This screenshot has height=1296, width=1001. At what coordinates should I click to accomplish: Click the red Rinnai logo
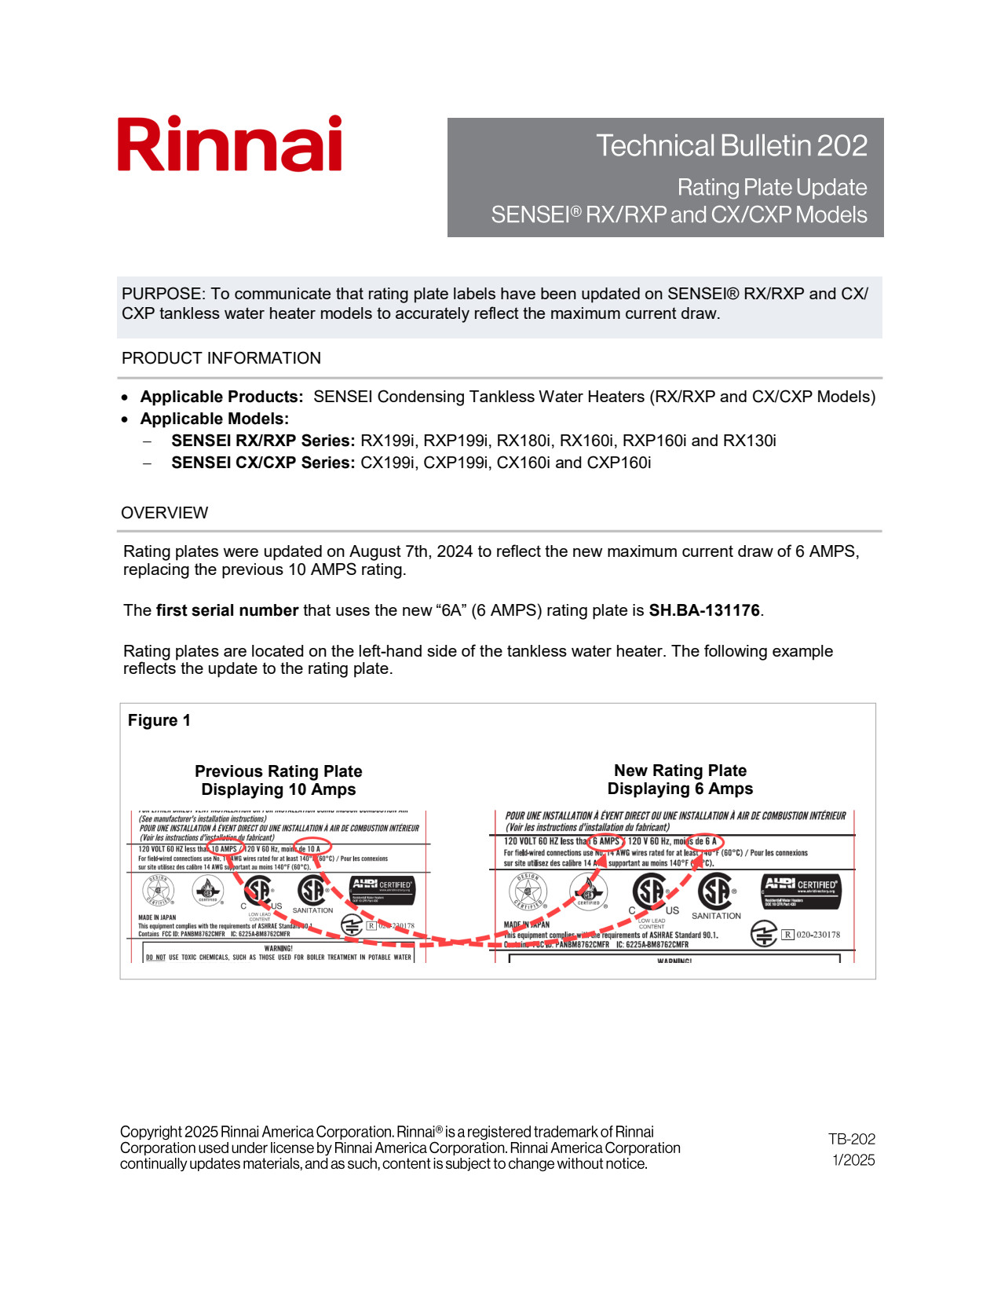click(x=229, y=145)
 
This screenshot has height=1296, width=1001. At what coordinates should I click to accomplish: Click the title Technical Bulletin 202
click(x=731, y=146)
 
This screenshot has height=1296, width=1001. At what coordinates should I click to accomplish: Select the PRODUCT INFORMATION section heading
click(x=221, y=358)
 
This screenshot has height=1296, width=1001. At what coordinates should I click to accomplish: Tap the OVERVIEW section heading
click(x=164, y=513)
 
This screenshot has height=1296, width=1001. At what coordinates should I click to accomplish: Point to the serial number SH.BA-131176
click(x=703, y=610)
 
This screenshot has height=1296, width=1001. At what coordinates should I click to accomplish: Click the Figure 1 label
click(x=159, y=720)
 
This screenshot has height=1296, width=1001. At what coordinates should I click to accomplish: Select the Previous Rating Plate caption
click(x=278, y=780)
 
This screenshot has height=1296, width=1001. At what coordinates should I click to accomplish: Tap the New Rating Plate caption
click(x=680, y=779)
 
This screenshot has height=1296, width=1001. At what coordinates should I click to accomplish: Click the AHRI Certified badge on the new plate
click(x=801, y=891)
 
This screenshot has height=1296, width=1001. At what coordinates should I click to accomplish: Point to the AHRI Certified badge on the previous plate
click(x=382, y=890)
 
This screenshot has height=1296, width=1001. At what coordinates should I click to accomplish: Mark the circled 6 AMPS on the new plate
click(x=605, y=841)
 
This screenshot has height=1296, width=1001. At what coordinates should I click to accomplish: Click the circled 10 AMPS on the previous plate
click(x=224, y=849)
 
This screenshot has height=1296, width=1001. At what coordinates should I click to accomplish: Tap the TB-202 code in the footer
click(x=851, y=1139)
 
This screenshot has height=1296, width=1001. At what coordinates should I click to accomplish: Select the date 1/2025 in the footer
click(x=853, y=1160)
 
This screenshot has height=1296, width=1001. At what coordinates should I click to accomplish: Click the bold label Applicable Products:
click(x=221, y=397)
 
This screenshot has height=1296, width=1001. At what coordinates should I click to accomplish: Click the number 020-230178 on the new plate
click(x=818, y=935)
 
